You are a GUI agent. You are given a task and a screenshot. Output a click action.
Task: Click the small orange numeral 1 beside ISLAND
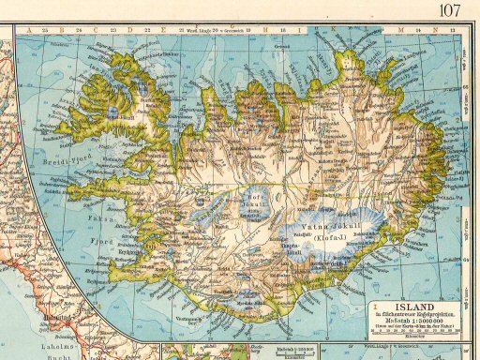pyautogui.click(x=376, y=306)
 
